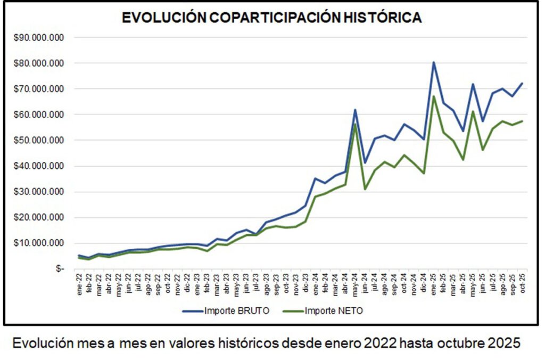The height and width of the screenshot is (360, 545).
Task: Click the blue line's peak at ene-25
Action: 433,62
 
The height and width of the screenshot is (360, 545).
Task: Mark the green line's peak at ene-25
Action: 433,96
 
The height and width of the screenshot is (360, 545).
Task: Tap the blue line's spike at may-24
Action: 355,110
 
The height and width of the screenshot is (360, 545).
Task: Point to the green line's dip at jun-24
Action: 365,189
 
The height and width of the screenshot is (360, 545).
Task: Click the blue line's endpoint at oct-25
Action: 522,84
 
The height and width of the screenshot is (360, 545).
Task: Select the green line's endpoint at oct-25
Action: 522,121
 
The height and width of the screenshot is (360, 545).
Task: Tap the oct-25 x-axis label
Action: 522,283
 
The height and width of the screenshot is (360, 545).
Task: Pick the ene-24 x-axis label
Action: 316,283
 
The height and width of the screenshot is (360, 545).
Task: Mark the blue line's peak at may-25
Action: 473,84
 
